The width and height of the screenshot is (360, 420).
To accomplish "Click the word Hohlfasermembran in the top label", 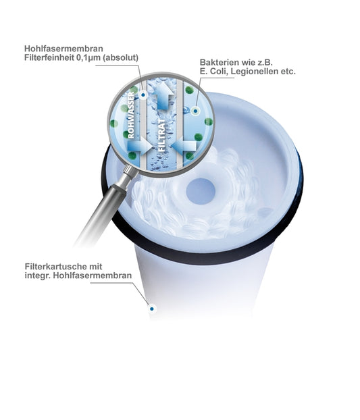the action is coord(63,49).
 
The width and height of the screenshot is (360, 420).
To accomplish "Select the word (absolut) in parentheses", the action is coord(120,57).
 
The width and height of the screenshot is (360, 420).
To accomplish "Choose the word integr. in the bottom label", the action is coord(38,275).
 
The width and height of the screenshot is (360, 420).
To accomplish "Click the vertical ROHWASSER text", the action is coord(131,115).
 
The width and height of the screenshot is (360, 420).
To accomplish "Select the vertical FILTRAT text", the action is coord(162,136).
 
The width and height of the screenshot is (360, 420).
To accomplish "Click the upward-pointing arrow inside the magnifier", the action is coord(164,95).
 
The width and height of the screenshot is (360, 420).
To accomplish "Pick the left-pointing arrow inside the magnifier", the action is coord(184,146).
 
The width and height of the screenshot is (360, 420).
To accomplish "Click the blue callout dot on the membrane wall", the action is coord(143,95).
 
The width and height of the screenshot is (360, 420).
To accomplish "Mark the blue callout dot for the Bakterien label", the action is coord(195,111).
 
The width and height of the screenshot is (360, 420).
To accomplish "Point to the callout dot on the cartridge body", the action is coord(152,309).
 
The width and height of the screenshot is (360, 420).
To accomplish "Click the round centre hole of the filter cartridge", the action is coord(201,191).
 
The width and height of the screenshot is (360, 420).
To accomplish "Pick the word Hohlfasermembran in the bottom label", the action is coord(92,275).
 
